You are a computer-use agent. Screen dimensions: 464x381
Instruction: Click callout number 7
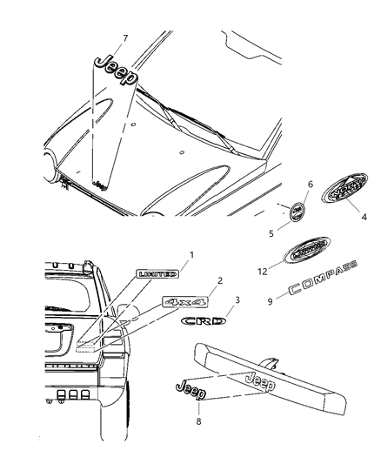[x=125, y=38]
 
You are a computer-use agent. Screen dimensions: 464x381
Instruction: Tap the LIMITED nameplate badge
[x=157, y=273]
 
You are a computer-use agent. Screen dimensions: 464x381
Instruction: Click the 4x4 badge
[x=183, y=301]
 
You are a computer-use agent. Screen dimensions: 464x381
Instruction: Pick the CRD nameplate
[x=203, y=321]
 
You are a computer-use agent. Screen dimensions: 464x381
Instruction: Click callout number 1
[x=192, y=255]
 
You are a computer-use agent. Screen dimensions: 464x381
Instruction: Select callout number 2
[x=220, y=280]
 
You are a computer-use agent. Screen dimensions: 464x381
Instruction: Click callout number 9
[x=271, y=302]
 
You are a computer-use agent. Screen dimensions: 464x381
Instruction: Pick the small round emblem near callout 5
[x=297, y=212]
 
